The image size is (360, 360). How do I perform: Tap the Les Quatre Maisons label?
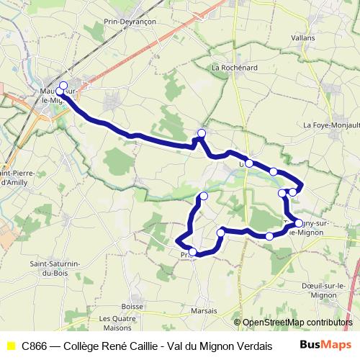117,323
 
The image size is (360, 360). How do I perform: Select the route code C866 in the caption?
35,346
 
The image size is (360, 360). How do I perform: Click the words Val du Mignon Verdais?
225,346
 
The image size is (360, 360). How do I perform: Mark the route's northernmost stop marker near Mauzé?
63,86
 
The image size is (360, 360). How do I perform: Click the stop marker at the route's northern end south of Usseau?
204,196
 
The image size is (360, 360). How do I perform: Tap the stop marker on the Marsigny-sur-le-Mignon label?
298,223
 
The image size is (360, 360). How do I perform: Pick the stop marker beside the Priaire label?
193,251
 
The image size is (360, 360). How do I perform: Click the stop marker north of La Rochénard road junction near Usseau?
202,132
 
